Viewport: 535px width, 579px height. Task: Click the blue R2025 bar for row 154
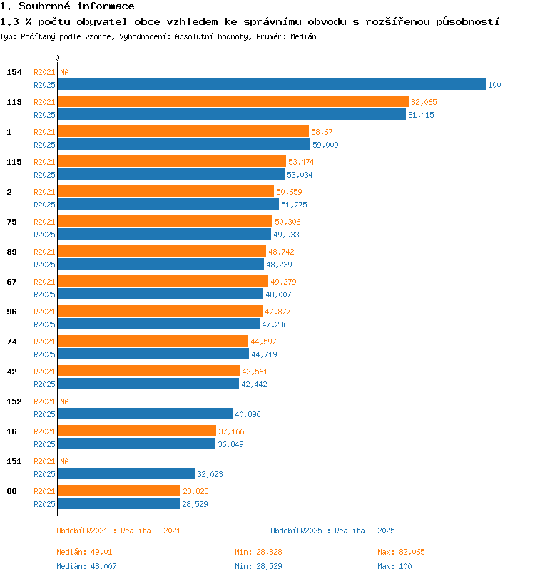pos(272,84)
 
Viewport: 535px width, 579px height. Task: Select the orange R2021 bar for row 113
pos(233,101)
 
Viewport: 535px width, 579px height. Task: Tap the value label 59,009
pos(325,145)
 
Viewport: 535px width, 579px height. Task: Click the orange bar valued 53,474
pos(172,161)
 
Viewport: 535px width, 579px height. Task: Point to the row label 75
pos(12,222)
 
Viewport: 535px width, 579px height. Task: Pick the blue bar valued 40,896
pos(146,414)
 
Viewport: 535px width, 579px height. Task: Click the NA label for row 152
pos(64,401)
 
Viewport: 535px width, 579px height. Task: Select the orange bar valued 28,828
pos(119,491)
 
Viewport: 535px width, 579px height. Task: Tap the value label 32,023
pos(210,474)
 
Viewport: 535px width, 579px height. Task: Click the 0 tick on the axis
pos(57,58)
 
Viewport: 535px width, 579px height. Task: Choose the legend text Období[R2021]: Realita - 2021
pos(118,531)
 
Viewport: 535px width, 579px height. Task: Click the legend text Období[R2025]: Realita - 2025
pos(332,531)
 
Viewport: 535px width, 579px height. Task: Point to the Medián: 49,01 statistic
pos(84,552)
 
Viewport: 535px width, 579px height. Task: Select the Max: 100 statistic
pos(394,566)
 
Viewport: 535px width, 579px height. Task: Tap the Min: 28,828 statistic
pos(258,552)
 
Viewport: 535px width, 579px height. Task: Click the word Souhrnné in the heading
pos(44,6)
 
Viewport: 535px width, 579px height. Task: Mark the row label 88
pos(12,491)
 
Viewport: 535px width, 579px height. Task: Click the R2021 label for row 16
pos(44,431)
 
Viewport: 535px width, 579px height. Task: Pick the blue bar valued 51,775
pos(168,204)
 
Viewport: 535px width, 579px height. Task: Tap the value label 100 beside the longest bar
pos(494,85)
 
